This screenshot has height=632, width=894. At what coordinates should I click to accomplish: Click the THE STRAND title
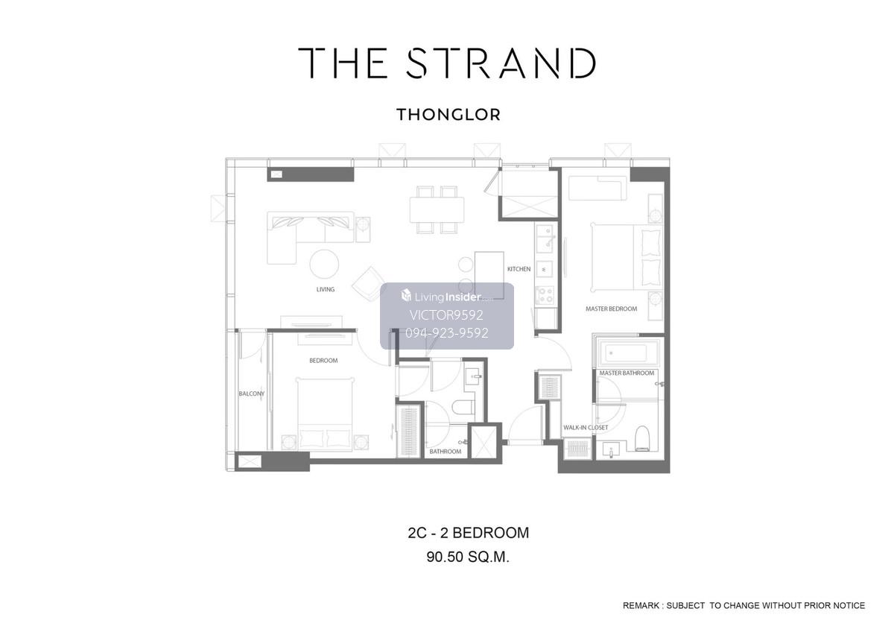(447, 63)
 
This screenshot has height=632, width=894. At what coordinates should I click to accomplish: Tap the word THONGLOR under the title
(448, 115)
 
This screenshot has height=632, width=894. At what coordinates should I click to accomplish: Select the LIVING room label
(326, 289)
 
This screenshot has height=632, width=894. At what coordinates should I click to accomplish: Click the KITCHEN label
(519, 269)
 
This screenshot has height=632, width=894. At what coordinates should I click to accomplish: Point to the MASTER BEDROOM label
(611, 309)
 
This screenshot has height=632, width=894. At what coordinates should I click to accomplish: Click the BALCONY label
(252, 394)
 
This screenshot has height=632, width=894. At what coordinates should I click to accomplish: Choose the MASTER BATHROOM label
(627, 373)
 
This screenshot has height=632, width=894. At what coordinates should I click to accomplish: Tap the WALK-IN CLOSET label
(586, 428)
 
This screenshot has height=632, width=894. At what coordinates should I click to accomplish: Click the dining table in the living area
(437, 209)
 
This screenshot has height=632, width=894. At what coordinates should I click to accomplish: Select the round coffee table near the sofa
(324, 264)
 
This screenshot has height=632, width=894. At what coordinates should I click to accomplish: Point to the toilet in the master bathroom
(642, 438)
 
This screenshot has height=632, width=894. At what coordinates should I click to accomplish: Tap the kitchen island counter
(489, 275)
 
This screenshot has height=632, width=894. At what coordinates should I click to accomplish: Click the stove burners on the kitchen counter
(545, 295)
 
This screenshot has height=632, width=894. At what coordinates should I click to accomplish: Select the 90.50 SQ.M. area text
(468, 557)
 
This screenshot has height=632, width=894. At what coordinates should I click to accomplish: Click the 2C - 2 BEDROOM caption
(468, 533)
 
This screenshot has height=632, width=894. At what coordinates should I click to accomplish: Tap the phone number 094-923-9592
(446, 333)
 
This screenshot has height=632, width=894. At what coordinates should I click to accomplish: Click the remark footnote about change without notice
(744, 606)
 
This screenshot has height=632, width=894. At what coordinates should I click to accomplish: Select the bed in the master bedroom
(627, 258)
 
